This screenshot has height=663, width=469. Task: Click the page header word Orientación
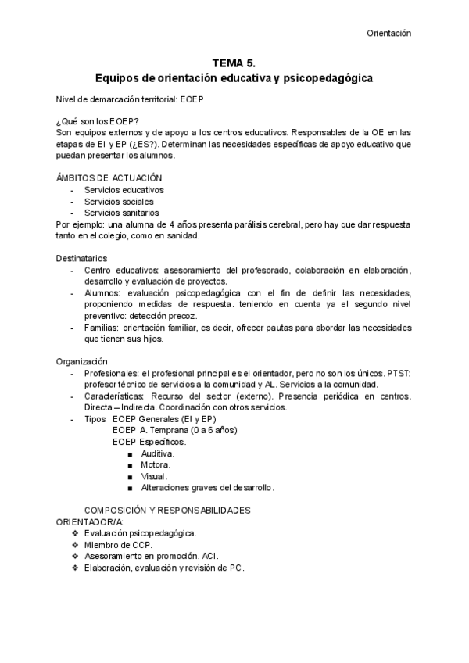coord(388,33)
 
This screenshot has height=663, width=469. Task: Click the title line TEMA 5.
coord(234,63)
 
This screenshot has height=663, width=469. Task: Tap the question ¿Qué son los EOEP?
coord(97,121)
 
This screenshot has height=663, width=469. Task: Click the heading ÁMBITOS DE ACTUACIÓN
coord(109,178)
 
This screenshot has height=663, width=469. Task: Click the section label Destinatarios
coord(81,258)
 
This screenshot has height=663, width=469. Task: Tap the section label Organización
coord(81,361)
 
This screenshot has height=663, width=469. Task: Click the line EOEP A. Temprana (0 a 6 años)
coord(175,430)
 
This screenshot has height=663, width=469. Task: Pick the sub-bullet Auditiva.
coord(157,453)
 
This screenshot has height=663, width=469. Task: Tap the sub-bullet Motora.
coord(156,464)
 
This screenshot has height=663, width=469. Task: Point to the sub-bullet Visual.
coord(154,476)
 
